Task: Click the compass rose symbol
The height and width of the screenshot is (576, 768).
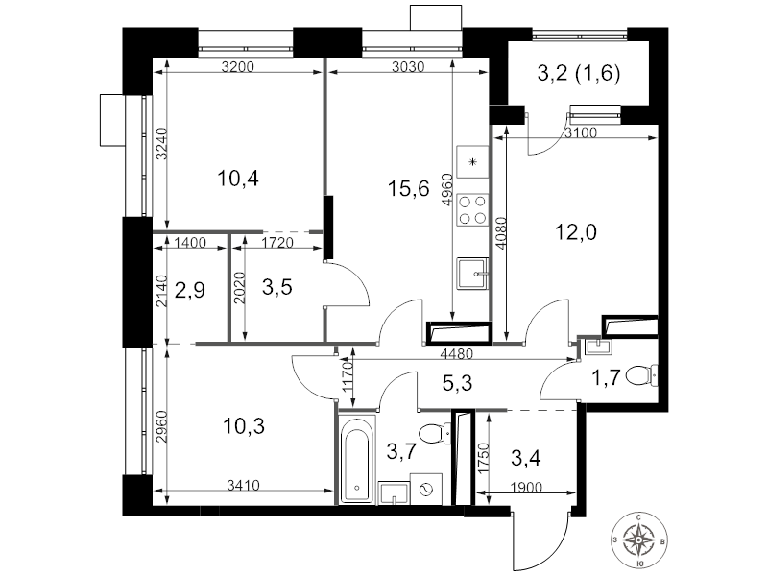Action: pos(638,540)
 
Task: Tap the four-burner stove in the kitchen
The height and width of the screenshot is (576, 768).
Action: pos(472,209)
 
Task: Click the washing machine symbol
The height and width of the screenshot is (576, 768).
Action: pos(425,489)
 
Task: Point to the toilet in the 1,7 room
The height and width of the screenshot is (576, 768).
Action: pos(642,375)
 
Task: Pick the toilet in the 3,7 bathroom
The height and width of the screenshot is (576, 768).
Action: pos(435,434)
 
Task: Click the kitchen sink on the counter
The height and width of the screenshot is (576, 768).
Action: pos(472,274)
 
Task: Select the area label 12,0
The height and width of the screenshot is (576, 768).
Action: pos(575,232)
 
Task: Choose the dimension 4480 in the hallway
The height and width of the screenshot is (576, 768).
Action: pos(457,353)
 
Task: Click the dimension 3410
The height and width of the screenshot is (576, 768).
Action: pos(244,486)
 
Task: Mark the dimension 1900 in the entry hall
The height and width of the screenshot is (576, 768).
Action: pos(526,488)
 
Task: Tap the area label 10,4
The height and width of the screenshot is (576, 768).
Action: pos(237,179)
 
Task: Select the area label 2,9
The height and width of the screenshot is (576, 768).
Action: pos(189,291)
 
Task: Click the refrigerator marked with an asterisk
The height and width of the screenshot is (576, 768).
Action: pos(472,161)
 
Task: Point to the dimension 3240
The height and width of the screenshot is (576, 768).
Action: pos(162,143)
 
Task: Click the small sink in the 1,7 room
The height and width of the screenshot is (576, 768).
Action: pos(598,346)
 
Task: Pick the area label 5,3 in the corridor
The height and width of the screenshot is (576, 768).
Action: pos(458,382)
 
